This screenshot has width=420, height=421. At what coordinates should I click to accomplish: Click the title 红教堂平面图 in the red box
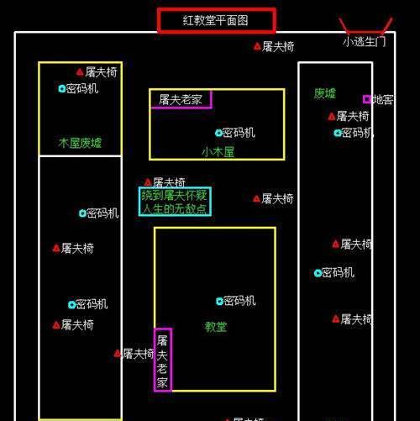click(215, 20)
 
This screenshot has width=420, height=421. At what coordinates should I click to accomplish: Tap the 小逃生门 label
click(365, 42)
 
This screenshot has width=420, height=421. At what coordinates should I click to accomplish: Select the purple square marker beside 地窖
click(367, 99)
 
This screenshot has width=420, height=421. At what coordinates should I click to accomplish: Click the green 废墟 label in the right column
click(325, 93)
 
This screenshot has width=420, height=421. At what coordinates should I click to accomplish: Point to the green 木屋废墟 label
click(80, 143)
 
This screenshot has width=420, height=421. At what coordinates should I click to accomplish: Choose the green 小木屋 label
click(218, 152)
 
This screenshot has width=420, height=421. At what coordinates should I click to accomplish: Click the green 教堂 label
click(216, 327)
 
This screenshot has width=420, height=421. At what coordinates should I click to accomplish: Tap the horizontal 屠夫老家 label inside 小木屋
click(181, 99)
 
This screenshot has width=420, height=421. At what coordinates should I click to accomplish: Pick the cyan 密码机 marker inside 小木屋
click(218, 133)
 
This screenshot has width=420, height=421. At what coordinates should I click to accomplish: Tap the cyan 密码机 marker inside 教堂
click(219, 301)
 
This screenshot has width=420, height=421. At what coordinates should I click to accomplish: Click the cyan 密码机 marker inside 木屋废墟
click(62, 89)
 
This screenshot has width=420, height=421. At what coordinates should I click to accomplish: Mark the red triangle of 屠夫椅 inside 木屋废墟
click(80, 72)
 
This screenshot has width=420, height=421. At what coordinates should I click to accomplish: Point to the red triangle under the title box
click(257, 46)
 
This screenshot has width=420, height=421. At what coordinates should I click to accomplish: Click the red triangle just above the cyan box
click(148, 182)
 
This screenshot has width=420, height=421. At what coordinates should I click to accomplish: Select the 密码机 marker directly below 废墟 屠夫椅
click(338, 133)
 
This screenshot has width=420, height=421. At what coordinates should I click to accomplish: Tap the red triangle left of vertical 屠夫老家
click(118, 354)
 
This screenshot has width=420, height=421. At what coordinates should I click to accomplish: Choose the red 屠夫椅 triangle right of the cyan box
click(256, 199)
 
